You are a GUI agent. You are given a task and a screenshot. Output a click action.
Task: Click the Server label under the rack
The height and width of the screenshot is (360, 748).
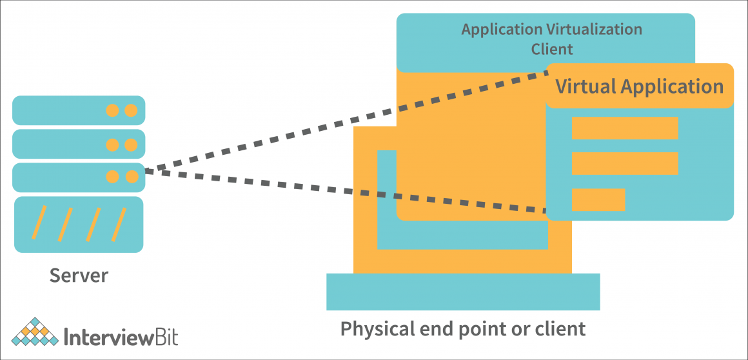(x=79, y=275)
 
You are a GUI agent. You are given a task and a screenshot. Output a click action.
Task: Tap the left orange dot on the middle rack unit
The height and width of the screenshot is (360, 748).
(x=112, y=144)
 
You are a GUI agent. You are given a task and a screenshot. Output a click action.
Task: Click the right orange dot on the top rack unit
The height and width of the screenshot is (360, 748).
(x=131, y=110)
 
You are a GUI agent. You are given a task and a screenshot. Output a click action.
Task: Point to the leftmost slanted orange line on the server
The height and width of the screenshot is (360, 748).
(x=39, y=223)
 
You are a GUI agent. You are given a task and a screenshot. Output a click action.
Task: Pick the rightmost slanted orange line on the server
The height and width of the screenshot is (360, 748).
(x=119, y=223)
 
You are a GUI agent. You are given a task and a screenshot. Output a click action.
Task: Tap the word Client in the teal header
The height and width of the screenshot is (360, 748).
(x=551, y=49)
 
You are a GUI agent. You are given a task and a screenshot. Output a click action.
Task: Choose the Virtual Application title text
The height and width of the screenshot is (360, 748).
(x=639, y=86)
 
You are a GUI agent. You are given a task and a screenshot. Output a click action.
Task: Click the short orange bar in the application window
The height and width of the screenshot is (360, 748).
(x=598, y=200)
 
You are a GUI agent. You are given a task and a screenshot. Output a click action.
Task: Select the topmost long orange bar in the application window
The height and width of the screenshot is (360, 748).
(x=624, y=128)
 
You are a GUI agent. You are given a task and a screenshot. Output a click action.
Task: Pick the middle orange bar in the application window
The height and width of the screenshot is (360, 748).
(x=624, y=163)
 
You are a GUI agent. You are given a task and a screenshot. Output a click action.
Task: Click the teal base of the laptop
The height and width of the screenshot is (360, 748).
(x=463, y=292)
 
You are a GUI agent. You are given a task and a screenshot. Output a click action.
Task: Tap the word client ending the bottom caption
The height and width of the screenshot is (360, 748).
(x=560, y=329)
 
